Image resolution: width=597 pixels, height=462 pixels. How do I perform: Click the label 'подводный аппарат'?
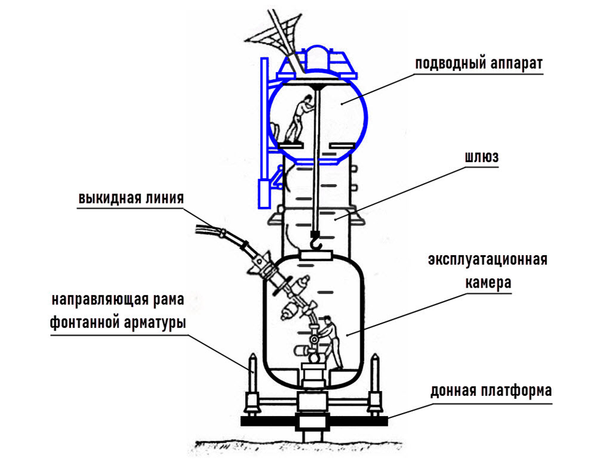tap(479, 63)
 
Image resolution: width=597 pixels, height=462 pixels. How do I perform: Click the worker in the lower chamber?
tap(330, 340)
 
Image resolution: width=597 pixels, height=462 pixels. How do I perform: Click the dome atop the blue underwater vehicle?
tap(317, 57)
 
